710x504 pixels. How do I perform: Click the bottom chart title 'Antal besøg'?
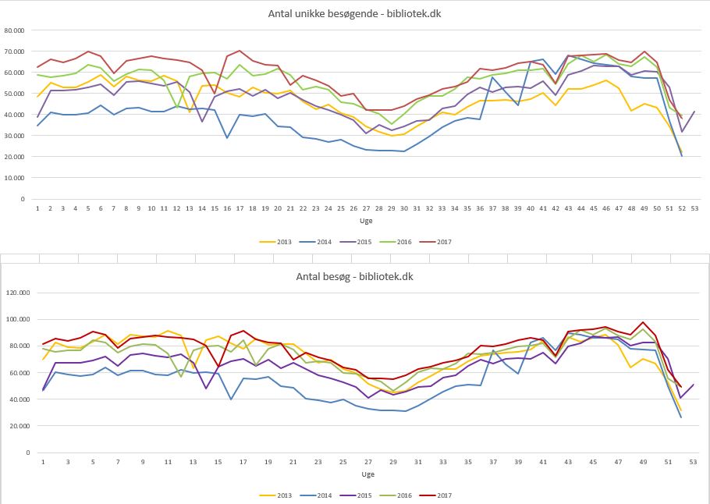[355, 275]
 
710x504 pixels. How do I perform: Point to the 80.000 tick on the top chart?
[14, 30]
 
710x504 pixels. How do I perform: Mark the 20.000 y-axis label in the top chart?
[14, 157]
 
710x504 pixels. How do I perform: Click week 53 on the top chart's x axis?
[695, 209]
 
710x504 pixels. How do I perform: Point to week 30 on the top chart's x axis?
[404, 209]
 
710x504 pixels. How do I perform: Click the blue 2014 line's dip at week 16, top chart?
[227, 137]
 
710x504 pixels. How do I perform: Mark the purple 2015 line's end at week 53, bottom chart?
[694, 384]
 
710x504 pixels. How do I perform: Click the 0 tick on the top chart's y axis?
[24, 199]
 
